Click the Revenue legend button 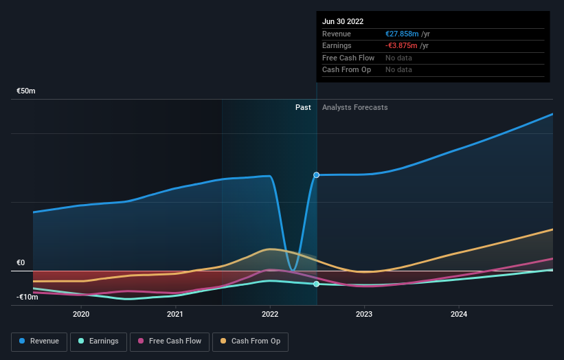click(39, 341)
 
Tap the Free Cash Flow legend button click(169, 341)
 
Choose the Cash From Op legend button click(250, 341)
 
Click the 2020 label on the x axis click(81, 314)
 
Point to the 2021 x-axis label click(175, 314)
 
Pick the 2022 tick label click(270, 314)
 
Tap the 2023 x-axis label click(364, 314)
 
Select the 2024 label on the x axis click(459, 314)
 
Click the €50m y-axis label click(26, 91)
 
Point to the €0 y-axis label click(21, 262)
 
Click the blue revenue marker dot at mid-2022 click(317, 175)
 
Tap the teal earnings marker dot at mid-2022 click(317, 284)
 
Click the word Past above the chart click(303, 107)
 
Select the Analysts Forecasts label click(354, 107)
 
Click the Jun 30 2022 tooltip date click(343, 21)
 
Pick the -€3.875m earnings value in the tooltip click(407, 46)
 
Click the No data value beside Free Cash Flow click(398, 58)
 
